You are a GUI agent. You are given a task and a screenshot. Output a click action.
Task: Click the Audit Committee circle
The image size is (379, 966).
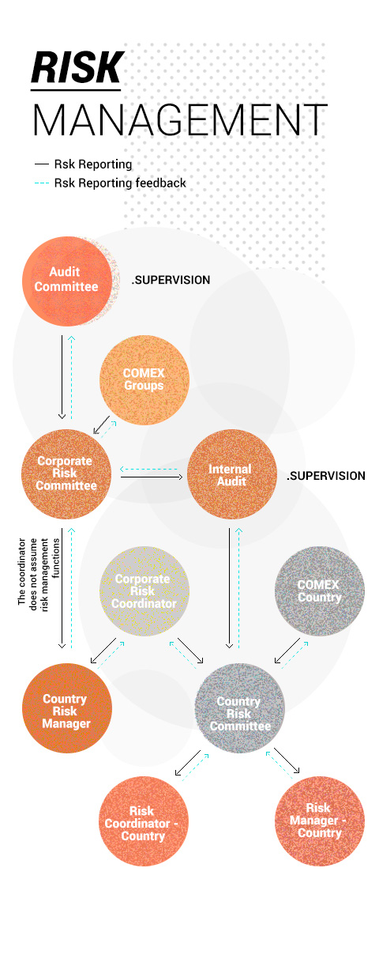tap(67, 281)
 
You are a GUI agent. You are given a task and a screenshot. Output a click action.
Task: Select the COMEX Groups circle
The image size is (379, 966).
tap(144, 380)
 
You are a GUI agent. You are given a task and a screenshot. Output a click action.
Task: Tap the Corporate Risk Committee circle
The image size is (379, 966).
tap(66, 474)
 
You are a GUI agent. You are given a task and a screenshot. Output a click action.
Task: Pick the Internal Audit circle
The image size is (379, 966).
tap(232, 474)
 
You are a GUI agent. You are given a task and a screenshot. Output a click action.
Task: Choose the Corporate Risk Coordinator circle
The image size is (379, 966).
tap(144, 591)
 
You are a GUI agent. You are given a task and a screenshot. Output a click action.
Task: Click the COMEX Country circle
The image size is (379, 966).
tap(320, 591)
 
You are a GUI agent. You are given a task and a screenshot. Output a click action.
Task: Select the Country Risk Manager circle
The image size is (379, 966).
tap(67, 708)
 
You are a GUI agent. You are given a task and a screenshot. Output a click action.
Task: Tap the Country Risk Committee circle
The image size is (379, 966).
tap(240, 708)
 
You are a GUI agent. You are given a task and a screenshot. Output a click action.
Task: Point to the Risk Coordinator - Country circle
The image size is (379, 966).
tap(144, 821)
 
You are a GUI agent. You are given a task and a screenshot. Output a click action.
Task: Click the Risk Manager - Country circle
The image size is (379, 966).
tap(320, 821)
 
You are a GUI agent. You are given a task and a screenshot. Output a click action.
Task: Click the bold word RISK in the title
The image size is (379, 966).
tap(77, 68)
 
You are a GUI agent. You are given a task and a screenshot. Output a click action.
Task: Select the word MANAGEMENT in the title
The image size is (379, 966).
tap(180, 119)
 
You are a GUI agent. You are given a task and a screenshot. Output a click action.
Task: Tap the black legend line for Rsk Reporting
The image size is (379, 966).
tap(42, 164)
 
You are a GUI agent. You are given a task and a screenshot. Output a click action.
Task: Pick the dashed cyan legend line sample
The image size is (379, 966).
tap(42, 183)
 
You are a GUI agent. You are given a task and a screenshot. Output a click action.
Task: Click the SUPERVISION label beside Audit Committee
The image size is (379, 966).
tap(171, 280)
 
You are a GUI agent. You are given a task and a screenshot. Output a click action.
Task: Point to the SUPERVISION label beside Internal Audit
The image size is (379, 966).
tap(326, 476)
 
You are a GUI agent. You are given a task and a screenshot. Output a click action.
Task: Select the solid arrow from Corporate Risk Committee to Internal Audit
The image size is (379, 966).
tap(152, 477)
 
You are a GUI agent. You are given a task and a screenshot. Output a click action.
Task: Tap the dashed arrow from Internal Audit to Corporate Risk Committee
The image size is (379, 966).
tap(148, 469)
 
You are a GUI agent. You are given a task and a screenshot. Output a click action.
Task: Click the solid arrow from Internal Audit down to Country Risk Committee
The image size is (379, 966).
tap(229, 588)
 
